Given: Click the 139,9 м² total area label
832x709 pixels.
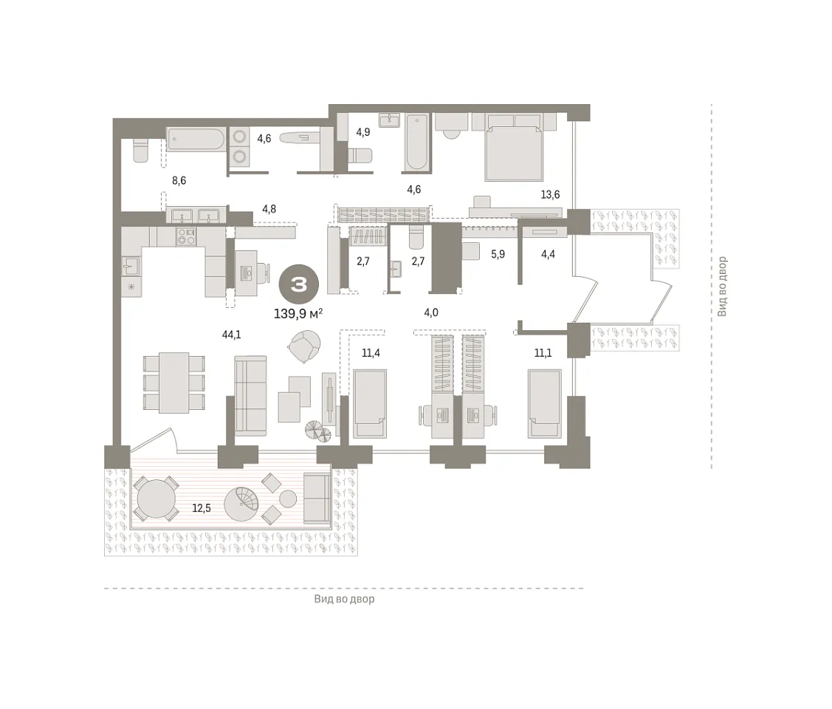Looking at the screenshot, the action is point(298,314).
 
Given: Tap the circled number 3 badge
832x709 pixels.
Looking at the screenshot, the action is point(299,285).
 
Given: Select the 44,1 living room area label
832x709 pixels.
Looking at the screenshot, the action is point(231,335).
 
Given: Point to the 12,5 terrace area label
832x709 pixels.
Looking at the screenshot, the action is point(202,508).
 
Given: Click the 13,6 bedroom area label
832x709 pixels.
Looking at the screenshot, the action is point(550,195).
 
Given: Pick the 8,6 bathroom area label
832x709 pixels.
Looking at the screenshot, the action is point(179,180).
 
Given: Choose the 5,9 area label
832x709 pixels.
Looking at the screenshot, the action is point(498,254).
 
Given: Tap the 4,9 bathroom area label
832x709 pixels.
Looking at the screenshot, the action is point(363,132).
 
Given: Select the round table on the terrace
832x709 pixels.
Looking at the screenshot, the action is point(156,499).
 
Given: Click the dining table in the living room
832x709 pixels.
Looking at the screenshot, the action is point(174,383).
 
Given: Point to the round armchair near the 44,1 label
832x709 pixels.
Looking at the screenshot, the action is point(304,346).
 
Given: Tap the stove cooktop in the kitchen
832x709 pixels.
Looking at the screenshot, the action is point(186,236).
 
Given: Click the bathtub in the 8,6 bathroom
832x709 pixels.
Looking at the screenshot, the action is point(195,140).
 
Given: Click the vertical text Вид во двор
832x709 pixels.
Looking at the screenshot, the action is point(722,287).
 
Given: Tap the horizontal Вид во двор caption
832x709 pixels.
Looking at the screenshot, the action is point(344,599).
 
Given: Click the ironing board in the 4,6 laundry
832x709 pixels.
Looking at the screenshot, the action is point(299,138).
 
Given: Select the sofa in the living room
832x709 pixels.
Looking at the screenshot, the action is point(250,396).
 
